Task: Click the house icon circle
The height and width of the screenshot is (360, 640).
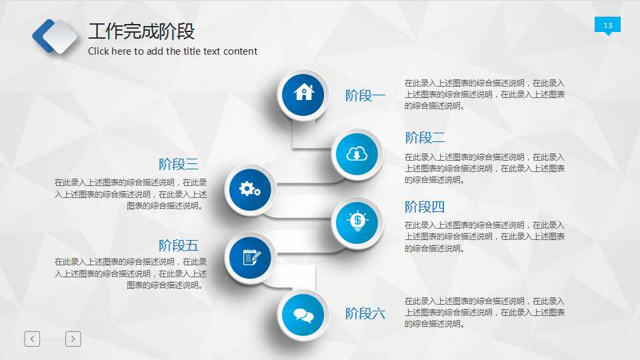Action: point(303,93)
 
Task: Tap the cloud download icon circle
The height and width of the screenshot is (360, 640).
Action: point(357,155)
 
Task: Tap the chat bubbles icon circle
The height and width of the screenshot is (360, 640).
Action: point(303,315)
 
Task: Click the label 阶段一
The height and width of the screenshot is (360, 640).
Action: point(365,95)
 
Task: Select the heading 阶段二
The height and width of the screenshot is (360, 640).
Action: point(425,138)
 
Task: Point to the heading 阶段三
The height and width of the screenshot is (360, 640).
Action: point(179,164)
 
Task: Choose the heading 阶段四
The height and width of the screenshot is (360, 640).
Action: point(425,207)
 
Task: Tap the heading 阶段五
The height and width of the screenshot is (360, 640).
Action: point(179,245)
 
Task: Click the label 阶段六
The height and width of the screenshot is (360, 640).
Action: point(365,313)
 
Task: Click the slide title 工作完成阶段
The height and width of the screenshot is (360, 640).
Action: point(141,32)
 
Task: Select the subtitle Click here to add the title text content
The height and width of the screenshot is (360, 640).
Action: point(173,51)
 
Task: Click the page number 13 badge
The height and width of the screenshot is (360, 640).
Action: point(607,25)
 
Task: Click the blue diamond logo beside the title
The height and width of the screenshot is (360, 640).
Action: point(56,36)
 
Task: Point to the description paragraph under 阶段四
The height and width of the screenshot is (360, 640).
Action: point(485,237)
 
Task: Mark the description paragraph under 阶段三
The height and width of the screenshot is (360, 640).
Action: point(131,194)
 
